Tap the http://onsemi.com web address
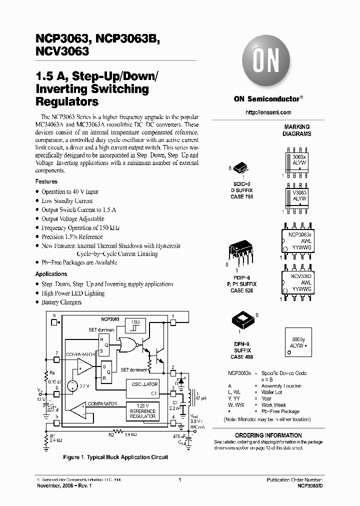tap(268, 112)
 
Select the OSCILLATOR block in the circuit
tap(145, 387)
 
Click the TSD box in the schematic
tap(135, 325)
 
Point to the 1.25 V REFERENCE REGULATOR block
tap(142, 411)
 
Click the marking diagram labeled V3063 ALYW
tap(297, 195)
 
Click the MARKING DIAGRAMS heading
tap(297, 130)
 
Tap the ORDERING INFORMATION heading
tap(268, 435)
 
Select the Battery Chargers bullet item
tap(61, 302)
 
